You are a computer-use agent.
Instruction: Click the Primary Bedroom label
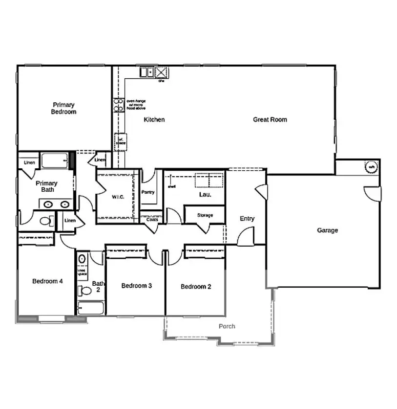click(64, 108)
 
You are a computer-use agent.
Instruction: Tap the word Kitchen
click(154, 120)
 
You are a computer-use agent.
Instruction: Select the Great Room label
click(270, 120)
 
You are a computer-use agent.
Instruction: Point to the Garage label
click(327, 230)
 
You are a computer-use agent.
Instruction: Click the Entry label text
click(247, 219)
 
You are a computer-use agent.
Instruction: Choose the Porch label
click(227, 326)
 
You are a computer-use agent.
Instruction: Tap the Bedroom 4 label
click(47, 281)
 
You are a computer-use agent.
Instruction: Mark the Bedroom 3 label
click(136, 286)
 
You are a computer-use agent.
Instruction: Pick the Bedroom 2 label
click(196, 287)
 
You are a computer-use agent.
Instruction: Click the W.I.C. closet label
click(119, 197)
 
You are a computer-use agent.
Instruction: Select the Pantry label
click(148, 192)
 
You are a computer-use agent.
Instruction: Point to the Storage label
click(205, 215)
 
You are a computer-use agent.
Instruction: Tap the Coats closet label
click(152, 220)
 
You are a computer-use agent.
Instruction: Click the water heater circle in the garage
click(372, 167)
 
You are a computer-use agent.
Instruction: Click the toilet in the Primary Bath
click(45, 221)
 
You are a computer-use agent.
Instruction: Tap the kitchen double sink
click(147, 72)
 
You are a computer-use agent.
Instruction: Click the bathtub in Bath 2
click(91, 308)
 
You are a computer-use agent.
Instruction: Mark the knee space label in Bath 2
click(82, 272)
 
